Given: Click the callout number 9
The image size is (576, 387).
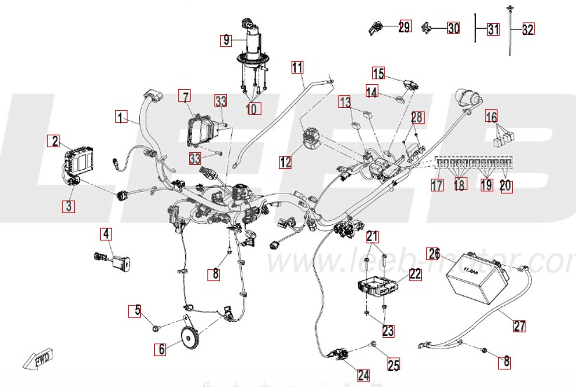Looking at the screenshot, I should click(x=226, y=40).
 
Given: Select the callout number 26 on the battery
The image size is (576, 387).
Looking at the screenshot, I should click(x=434, y=253).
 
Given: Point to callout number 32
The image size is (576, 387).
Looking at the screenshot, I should click(x=528, y=29).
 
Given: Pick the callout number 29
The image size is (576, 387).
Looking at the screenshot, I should click(x=404, y=27).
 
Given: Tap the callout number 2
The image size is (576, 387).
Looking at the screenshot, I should click(x=54, y=140).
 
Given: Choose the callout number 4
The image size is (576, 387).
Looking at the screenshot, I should click(x=106, y=233).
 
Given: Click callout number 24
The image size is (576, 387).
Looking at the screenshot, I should click(x=363, y=375).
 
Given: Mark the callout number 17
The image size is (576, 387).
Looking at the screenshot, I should click(x=437, y=186).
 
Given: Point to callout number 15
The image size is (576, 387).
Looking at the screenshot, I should click(x=378, y=73).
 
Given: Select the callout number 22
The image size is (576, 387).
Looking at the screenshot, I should click(x=416, y=274).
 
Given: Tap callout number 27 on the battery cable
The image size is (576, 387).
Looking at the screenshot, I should click(x=519, y=325).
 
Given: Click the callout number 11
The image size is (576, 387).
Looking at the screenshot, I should click(x=298, y=68).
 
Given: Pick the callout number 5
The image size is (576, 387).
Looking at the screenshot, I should click(x=138, y=309).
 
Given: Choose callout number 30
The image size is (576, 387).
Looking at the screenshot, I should click(x=453, y=29).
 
